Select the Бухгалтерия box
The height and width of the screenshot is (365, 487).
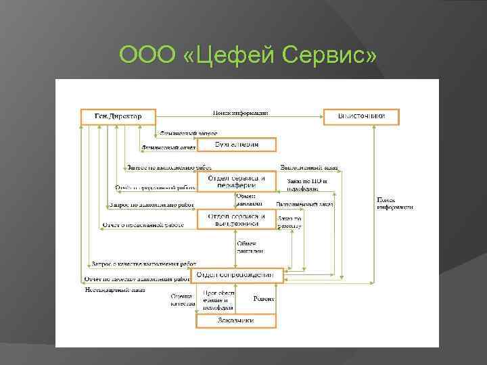(236, 144)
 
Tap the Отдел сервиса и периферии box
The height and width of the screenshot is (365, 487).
(236, 181)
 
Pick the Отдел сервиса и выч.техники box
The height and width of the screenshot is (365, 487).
(236, 219)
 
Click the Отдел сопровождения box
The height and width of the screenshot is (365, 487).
(236, 275)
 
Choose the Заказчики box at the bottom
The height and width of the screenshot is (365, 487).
(236, 320)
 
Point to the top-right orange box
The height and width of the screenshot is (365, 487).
(361, 116)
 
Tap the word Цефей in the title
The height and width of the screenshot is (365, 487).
(227, 53)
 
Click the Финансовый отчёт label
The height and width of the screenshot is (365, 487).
(168, 146)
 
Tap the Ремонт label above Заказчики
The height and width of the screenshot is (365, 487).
(263, 298)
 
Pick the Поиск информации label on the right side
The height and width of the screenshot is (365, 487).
(395, 203)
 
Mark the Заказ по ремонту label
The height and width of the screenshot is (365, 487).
(289, 222)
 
